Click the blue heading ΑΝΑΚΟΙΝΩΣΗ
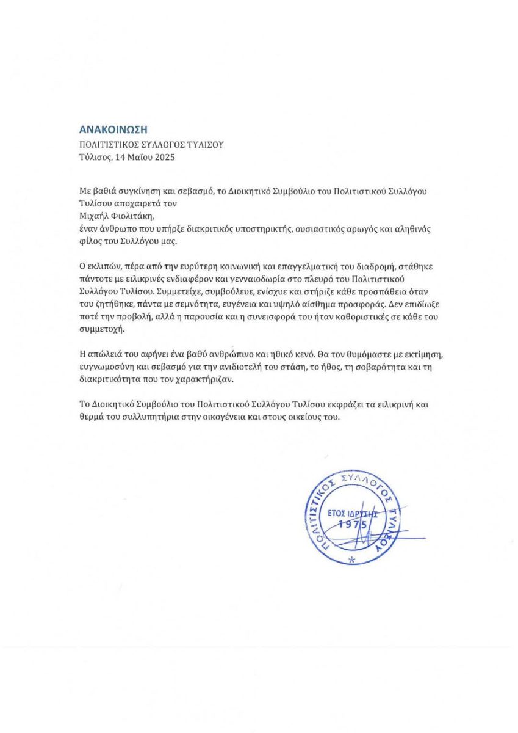114,129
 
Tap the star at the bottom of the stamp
350,560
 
